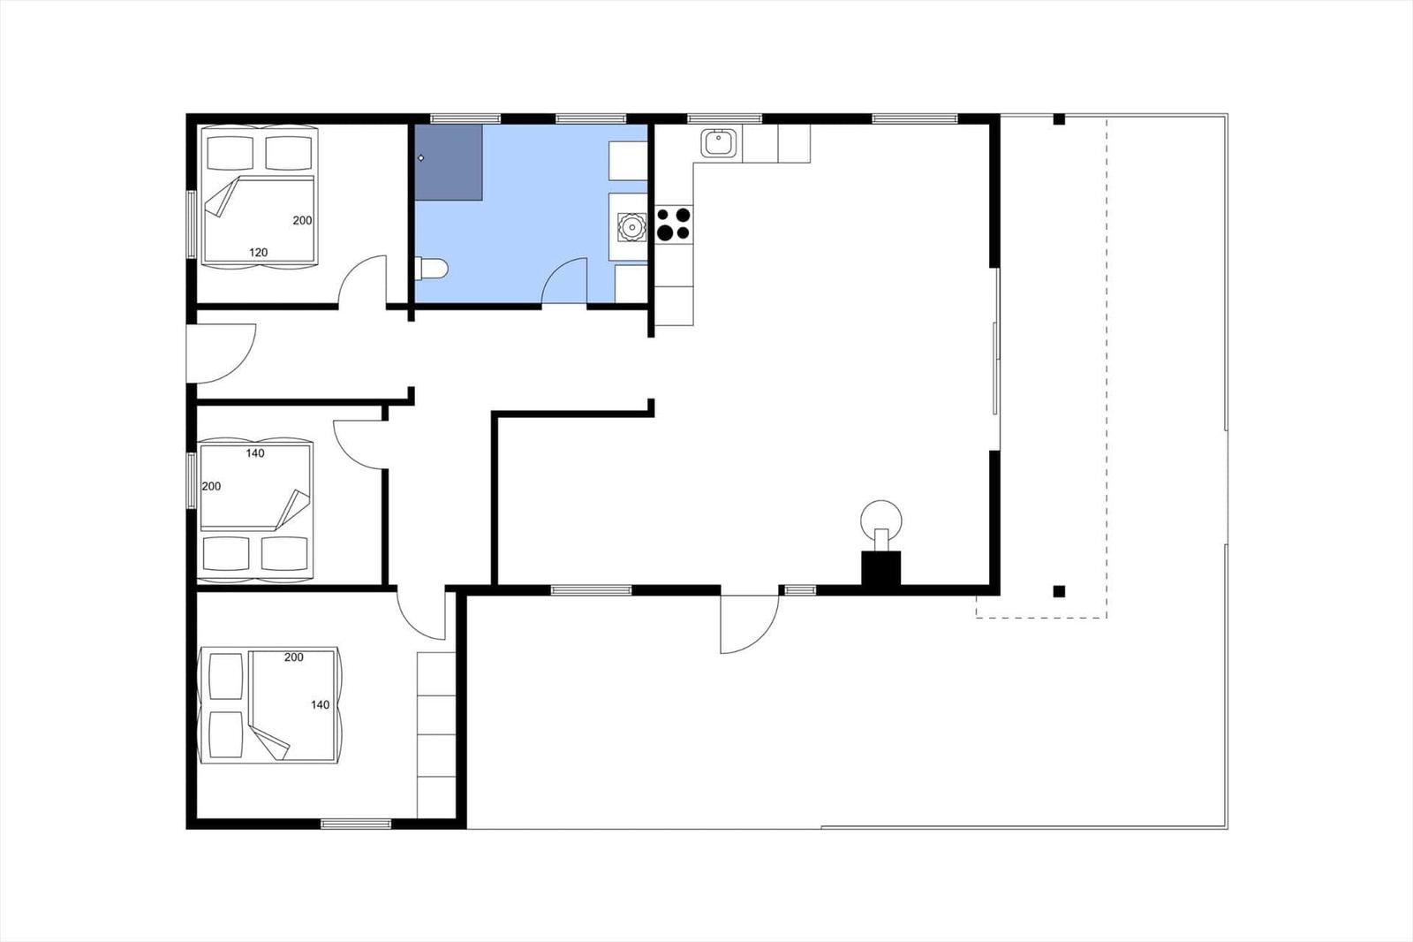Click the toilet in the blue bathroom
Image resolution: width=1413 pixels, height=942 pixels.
pyautogui.click(x=432, y=269)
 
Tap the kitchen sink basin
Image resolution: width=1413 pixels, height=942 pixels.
pyautogui.click(x=718, y=141)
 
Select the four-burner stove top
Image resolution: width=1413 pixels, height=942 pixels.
pyautogui.click(x=674, y=224)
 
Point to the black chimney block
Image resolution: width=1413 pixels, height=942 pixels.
pyautogui.click(x=881, y=571)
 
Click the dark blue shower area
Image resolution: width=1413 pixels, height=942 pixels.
pyautogui.click(x=449, y=163)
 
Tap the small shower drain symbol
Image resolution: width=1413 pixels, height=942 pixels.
pyautogui.click(x=421, y=158)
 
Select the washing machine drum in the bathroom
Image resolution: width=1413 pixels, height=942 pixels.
pyautogui.click(x=631, y=226)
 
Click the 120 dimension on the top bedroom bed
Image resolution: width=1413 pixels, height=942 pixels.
pyautogui.click(x=258, y=253)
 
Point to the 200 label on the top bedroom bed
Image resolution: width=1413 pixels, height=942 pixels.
pyautogui.click(x=302, y=220)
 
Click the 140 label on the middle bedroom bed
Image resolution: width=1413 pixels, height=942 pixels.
pyautogui.click(x=255, y=453)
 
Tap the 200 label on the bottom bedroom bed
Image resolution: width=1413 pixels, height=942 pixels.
pyautogui.click(x=294, y=657)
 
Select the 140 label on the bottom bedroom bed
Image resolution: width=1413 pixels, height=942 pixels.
pyautogui.click(x=321, y=704)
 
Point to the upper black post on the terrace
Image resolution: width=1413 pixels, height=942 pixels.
pyautogui.click(x=1059, y=119)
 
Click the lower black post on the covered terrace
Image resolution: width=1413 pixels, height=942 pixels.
pyautogui.click(x=1059, y=591)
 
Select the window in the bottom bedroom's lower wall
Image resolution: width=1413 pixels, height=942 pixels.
pyautogui.click(x=356, y=824)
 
